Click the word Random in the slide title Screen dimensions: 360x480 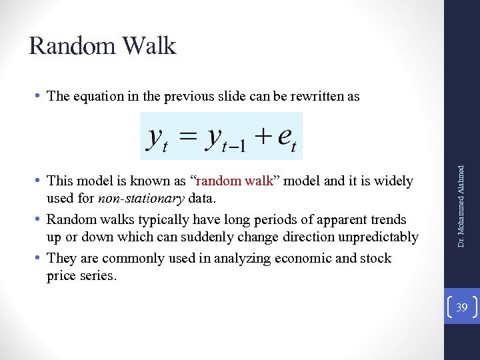pos(69,46)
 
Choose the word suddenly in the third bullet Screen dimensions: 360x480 pos(199,237)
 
